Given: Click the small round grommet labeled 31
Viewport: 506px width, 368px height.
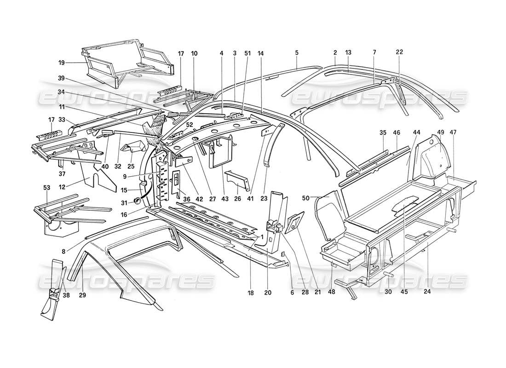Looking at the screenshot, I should click(x=137, y=201).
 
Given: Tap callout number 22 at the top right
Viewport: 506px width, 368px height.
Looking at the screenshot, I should click(x=398, y=52).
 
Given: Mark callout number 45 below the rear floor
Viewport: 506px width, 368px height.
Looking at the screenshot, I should click(x=404, y=291).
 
